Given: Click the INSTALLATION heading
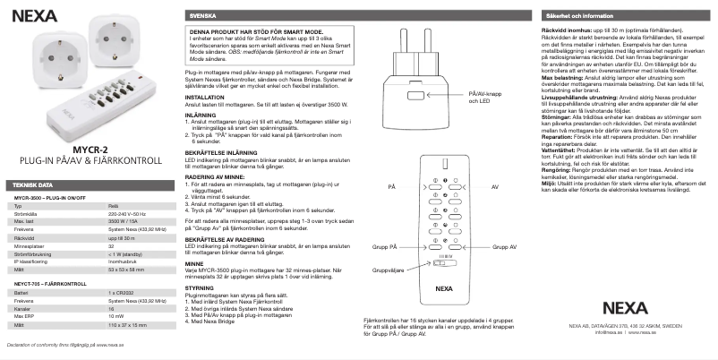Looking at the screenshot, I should (205, 96).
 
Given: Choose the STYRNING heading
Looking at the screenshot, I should (200, 288).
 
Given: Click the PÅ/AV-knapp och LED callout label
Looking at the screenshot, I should (474, 97).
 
